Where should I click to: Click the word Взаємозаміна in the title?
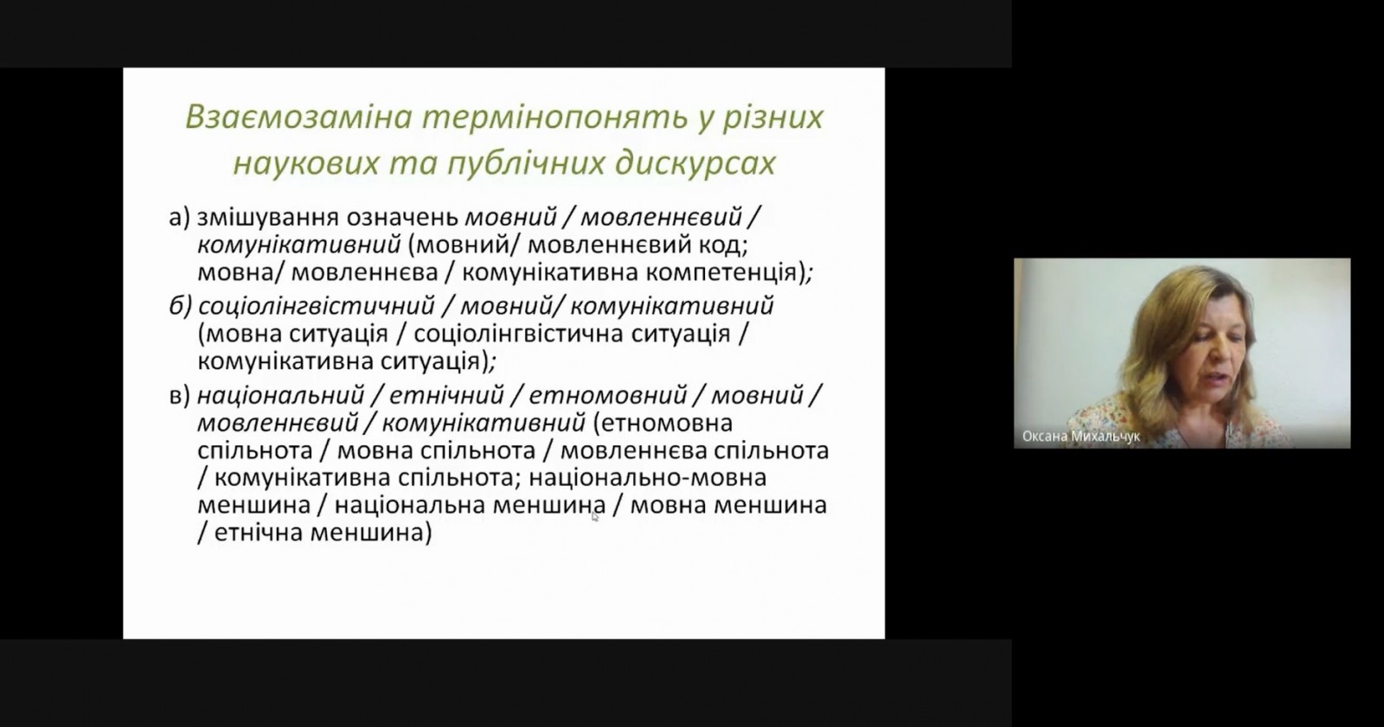click(298, 118)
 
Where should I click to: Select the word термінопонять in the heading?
click(554, 118)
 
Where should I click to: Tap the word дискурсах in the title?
click(695, 164)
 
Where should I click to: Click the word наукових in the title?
click(306, 164)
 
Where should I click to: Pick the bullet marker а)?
click(179, 218)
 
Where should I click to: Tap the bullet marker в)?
click(179, 395)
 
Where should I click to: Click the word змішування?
click(268, 219)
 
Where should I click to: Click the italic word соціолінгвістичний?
click(317, 306)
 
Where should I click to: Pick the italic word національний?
click(280, 395)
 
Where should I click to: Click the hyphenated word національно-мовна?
click(648, 478)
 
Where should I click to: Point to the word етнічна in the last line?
click(259, 533)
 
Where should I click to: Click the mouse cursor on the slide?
click(594, 516)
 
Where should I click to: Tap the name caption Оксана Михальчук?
click(1080, 437)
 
